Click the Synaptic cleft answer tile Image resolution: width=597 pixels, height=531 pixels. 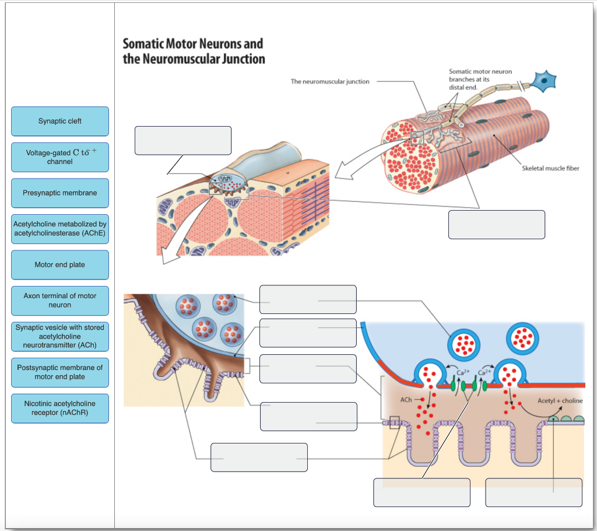60,121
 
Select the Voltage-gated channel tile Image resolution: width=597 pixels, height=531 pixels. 60,157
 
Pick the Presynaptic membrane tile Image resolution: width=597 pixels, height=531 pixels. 60,193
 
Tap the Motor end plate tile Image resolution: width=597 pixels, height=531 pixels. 60,265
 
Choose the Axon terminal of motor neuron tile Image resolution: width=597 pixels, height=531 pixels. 60,301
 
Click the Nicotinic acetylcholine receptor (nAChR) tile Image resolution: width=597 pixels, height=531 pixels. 60,408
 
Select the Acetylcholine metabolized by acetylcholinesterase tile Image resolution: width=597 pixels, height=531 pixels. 60,229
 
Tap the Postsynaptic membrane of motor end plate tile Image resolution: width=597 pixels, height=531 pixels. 60,372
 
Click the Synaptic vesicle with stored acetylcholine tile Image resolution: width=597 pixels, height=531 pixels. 60,336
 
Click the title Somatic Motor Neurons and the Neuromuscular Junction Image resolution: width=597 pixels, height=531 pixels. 193,51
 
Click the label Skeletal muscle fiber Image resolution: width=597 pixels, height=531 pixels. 550,169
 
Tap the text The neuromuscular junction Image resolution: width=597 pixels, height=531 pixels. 329,82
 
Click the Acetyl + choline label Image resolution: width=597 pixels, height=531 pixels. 559,401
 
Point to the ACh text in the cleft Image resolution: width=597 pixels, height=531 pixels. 406,400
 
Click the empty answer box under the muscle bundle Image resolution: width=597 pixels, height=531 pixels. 496,225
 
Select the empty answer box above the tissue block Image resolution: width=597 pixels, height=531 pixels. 182,141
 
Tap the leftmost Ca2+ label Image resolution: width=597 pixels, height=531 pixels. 463,372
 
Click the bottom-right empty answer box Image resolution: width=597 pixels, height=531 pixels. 533,492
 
